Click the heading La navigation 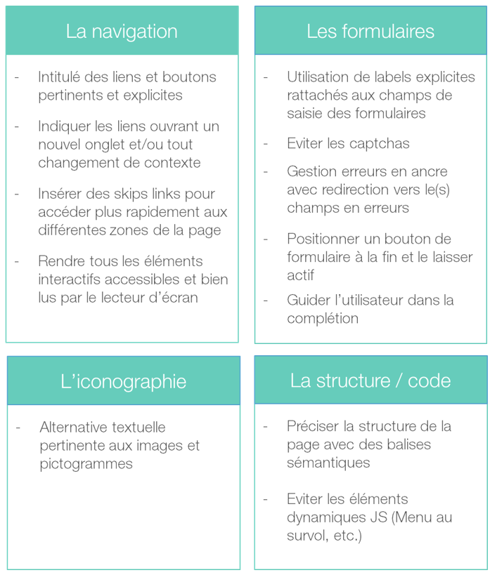(122, 32)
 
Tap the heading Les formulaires (370, 32)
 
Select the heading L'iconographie (123, 381)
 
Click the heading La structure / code (370, 381)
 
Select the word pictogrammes (86, 464)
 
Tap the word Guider (308, 300)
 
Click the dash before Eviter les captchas (266, 143)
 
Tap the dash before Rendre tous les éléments (16, 261)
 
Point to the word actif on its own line (300, 275)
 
